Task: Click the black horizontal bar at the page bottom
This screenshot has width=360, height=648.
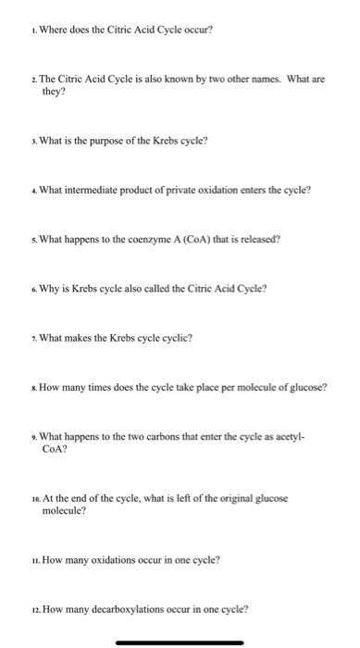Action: tap(180, 642)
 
